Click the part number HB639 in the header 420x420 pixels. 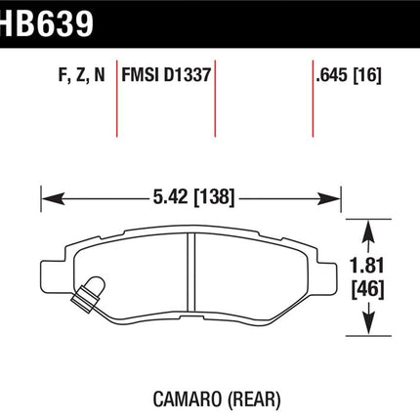point(47,23)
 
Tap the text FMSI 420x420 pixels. point(140,75)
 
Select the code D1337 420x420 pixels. point(188,75)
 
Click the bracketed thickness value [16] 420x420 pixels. point(367,75)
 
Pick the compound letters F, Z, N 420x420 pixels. point(82,75)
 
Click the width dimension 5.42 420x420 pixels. point(170,196)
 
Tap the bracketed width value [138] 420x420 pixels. point(214,197)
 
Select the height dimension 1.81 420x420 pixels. point(367,266)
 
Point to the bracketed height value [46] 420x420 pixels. point(367,289)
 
